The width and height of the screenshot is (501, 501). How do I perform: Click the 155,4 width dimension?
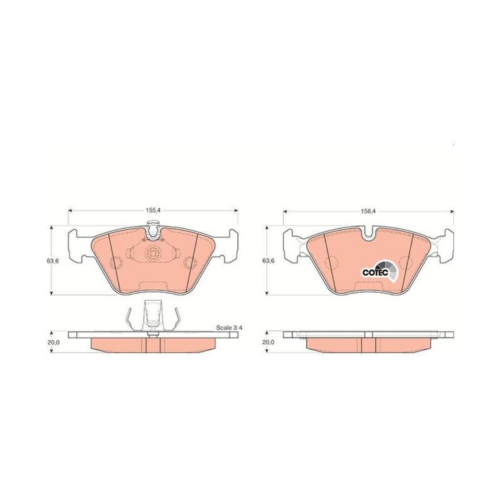point(153,210)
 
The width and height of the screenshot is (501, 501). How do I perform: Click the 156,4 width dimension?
point(368,211)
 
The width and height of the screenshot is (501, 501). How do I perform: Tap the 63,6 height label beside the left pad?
point(53,261)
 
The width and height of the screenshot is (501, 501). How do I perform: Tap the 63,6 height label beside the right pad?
point(269,261)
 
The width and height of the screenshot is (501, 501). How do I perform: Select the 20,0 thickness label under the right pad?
point(269,342)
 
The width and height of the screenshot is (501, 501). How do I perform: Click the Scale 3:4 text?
point(228,328)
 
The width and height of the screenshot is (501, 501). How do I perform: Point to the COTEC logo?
point(380,271)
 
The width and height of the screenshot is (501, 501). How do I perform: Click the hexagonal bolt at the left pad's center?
point(153,254)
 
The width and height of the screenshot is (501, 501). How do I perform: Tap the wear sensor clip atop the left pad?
point(153,230)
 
